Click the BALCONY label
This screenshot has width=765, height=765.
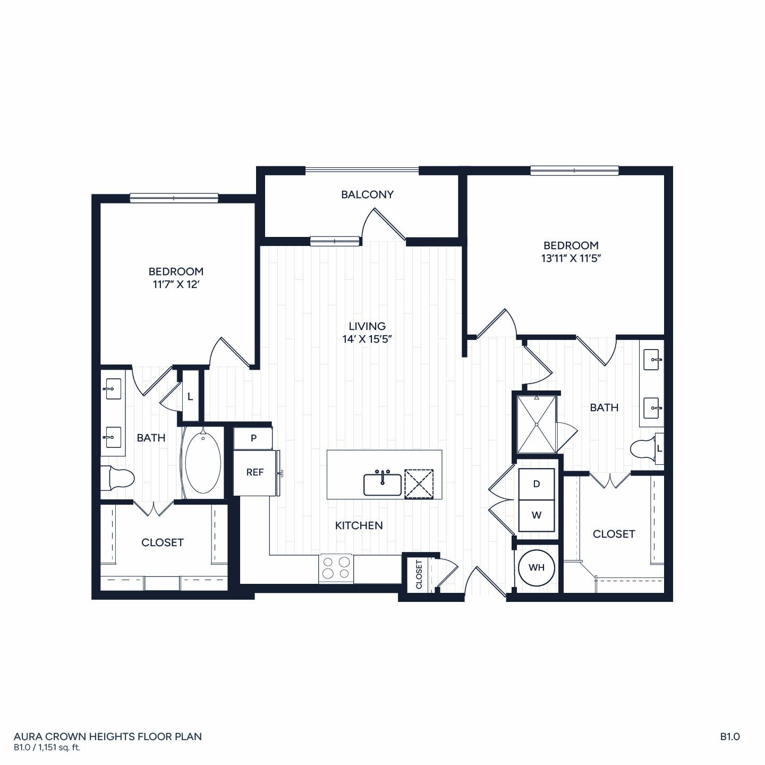pyautogui.click(x=367, y=194)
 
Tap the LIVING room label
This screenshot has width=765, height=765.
pyautogui.click(x=367, y=326)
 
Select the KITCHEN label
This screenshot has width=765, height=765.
pyautogui.click(x=359, y=525)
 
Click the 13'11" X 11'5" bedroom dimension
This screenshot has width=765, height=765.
pyautogui.click(x=571, y=258)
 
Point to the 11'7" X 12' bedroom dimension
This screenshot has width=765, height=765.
pyautogui.click(x=176, y=285)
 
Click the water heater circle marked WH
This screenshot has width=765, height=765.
pyautogui.click(x=537, y=568)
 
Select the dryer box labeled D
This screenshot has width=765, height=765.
pyautogui.click(x=537, y=484)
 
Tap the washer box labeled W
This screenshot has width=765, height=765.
pyautogui.click(x=537, y=516)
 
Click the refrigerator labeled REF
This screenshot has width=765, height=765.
pyautogui.click(x=254, y=472)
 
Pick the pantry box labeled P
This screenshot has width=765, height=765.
pyautogui.click(x=253, y=438)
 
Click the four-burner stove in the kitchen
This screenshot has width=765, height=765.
pyautogui.click(x=336, y=568)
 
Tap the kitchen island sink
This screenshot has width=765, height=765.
pyautogui.click(x=382, y=484)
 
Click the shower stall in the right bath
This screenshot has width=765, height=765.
pyautogui.click(x=537, y=424)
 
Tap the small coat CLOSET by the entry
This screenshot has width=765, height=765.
pyautogui.click(x=419, y=574)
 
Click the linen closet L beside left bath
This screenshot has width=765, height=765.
pyautogui.click(x=190, y=397)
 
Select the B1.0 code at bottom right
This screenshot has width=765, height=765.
pyautogui.click(x=730, y=736)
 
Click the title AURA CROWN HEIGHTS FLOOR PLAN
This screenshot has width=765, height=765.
pyautogui.click(x=108, y=736)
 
